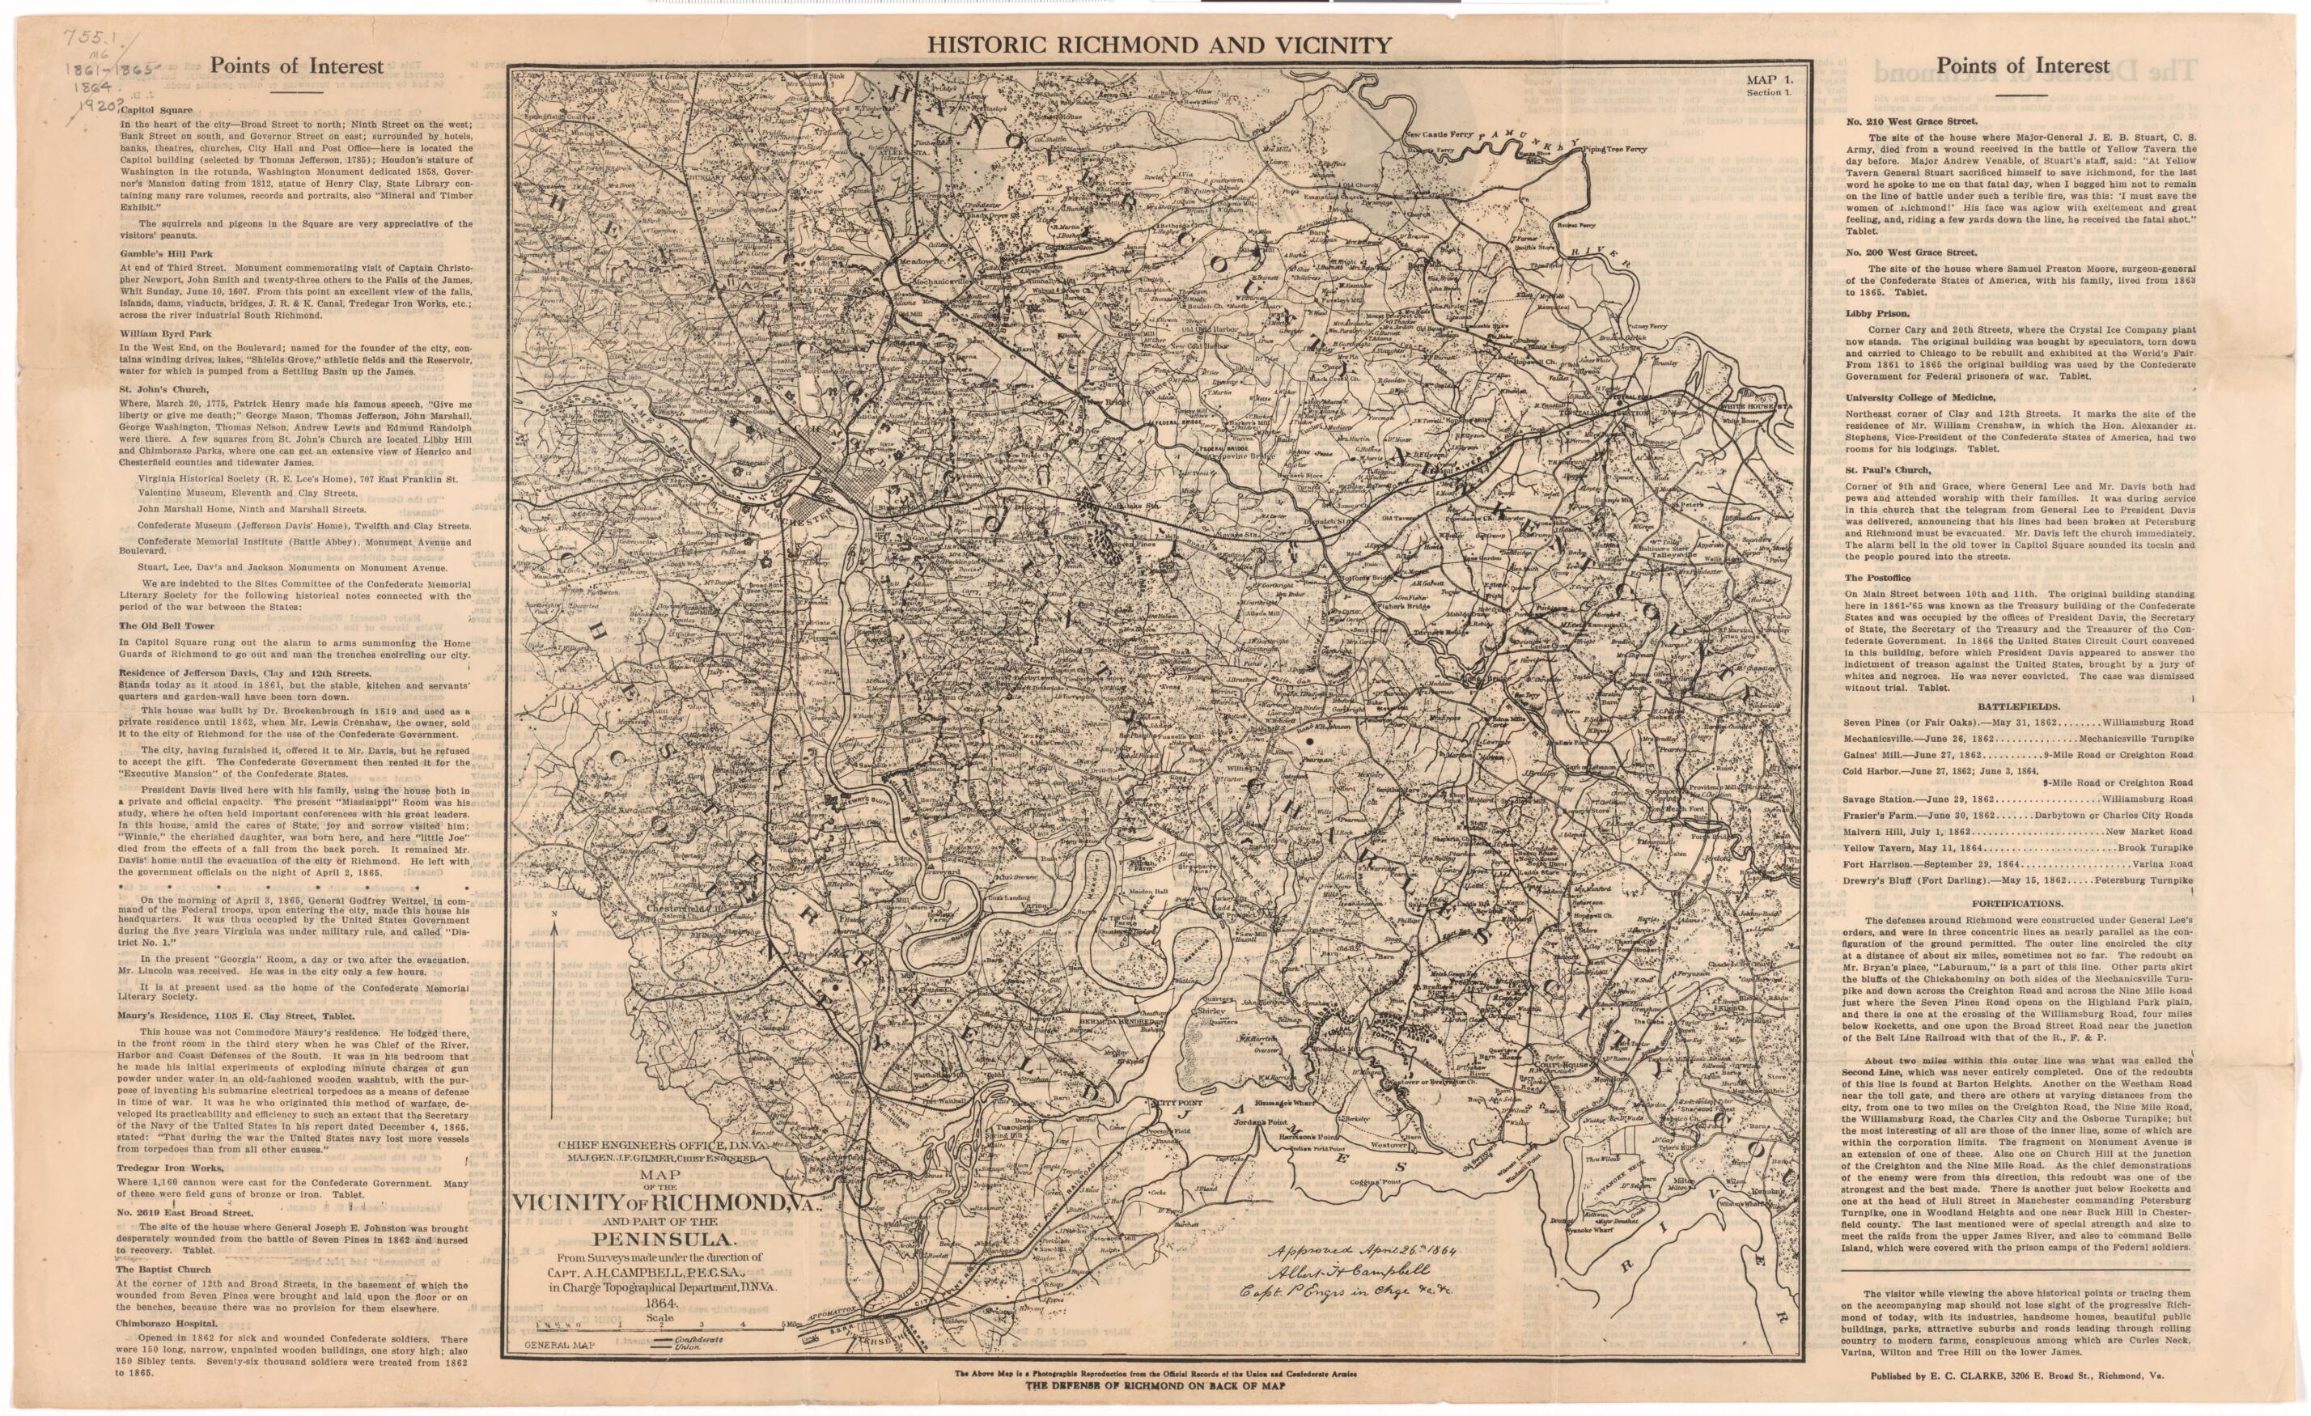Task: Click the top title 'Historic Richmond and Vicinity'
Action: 1157,44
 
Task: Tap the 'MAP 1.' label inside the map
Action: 1769,81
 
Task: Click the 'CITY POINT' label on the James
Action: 1175,1103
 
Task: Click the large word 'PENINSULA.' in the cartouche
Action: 655,1240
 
